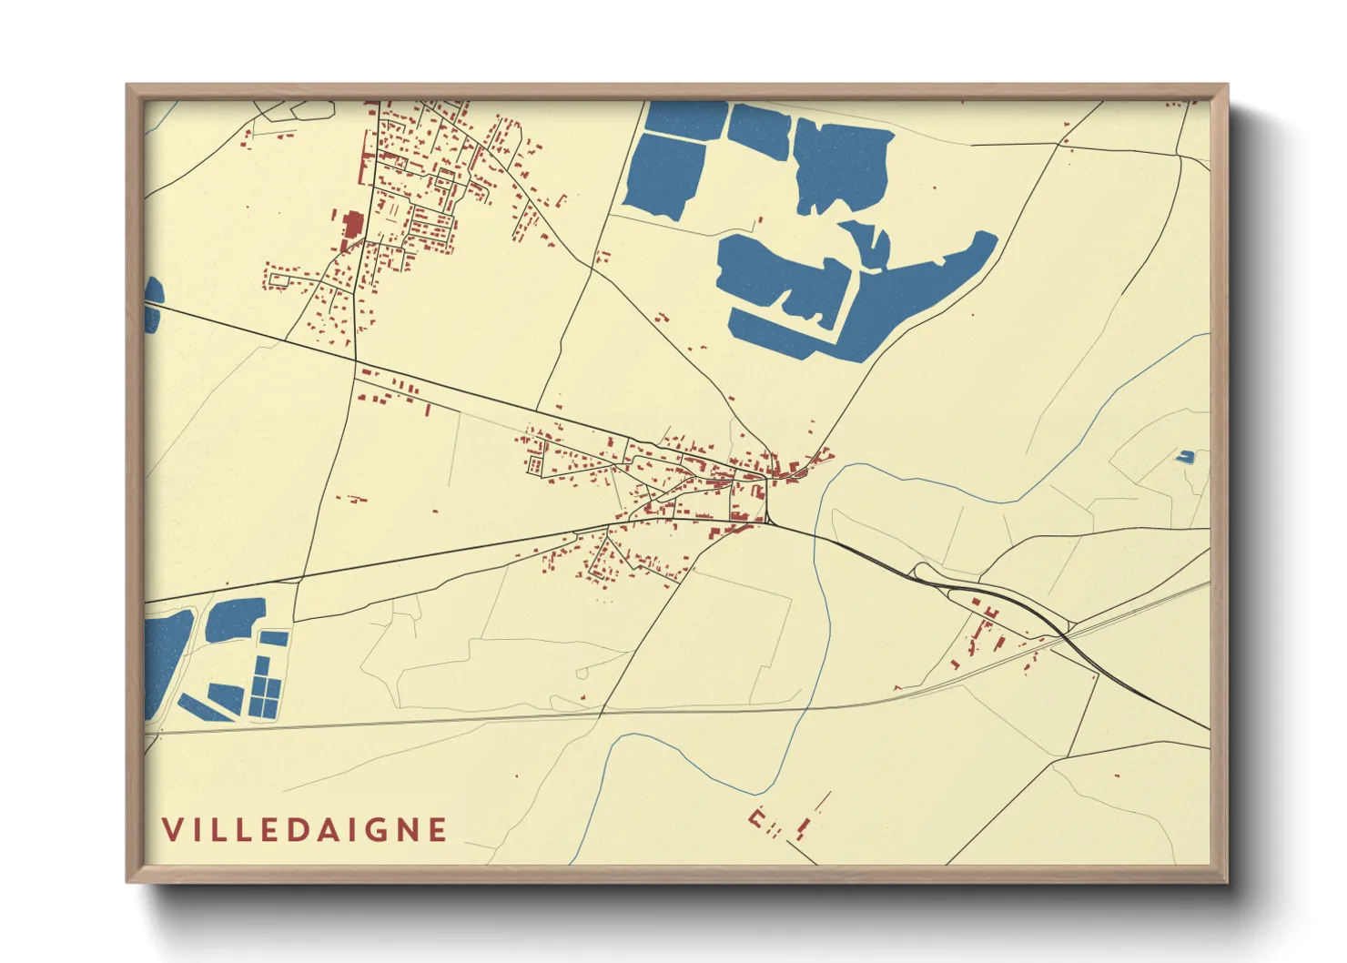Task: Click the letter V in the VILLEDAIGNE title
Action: pyautogui.click(x=172, y=830)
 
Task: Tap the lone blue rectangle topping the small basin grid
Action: pyautogui.click(x=274, y=638)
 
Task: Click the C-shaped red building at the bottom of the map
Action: pyautogui.click(x=756, y=816)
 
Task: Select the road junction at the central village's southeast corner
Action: pyautogui.click(x=769, y=522)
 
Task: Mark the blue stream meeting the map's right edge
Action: pyautogui.click(x=1208, y=335)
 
